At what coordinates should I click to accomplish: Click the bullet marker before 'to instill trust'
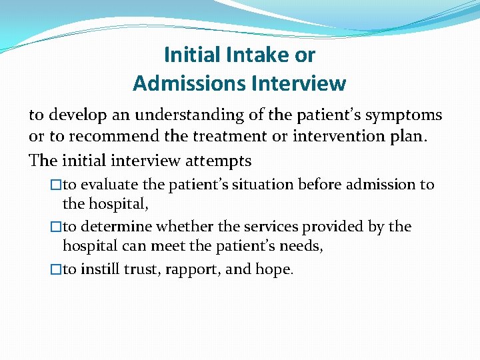(56, 269)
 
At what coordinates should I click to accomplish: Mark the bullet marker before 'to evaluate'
(56, 185)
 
